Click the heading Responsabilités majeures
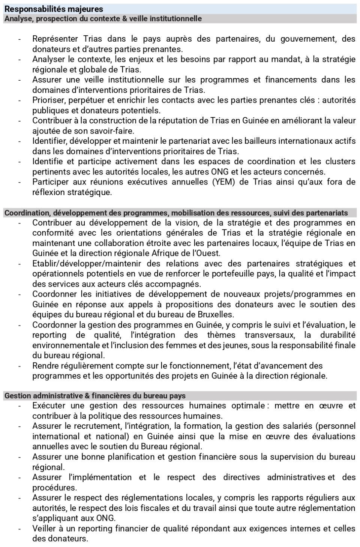tap(54, 9)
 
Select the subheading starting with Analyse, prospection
tap(103, 18)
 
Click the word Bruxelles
tap(216, 314)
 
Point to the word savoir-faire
tap(115, 131)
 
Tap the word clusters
tap(339, 162)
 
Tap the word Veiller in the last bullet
tap(44, 529)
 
